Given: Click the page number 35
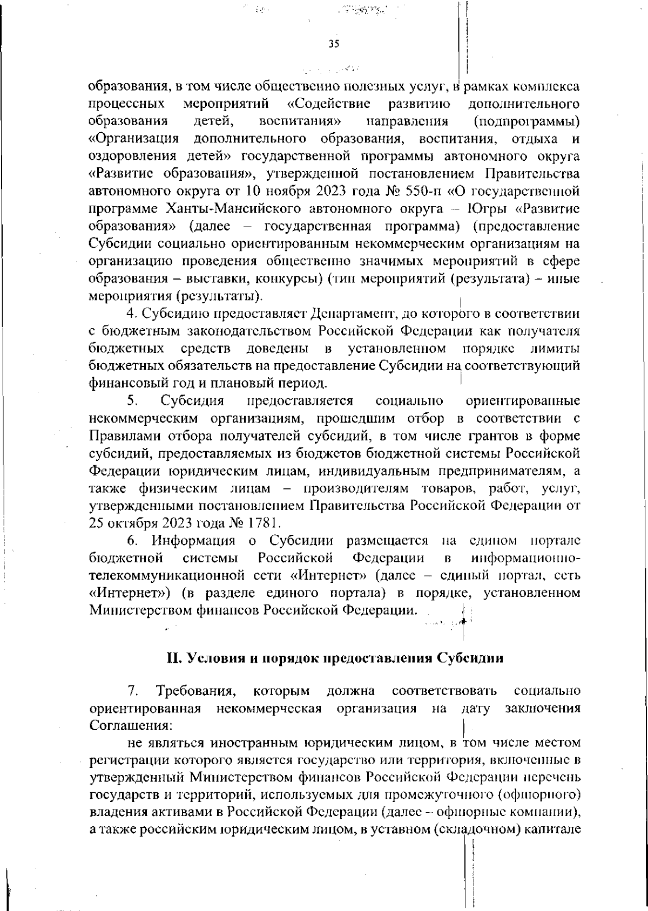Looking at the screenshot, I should pyautogui.click(x=333, y=45).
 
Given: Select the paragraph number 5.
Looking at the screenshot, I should pyautogui.click(x=133, y=401).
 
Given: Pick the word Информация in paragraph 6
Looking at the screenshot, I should pyautogui.click(x=193, y=540).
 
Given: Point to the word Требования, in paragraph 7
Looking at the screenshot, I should pyautogui.click(x=195, y=691).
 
